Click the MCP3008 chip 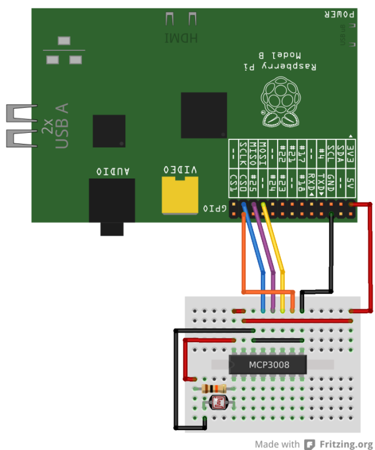coord(268,365)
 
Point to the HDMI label coord(180,38)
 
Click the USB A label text coord(62,125)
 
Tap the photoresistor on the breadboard coord(219,402)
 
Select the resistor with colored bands coord(214,389)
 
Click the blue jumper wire coord(257,252)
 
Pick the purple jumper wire coord(267,252)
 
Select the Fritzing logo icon coord(310,444)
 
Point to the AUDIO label coord(113,171)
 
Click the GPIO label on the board coord(214,208)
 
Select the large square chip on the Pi coord(204,115)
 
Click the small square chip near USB coord(109,130)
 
